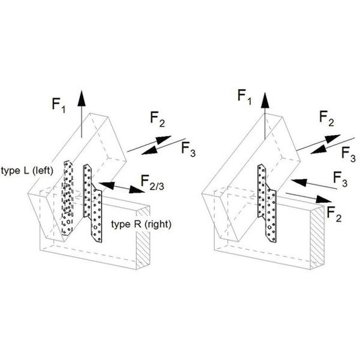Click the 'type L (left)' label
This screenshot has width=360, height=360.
(27, 171)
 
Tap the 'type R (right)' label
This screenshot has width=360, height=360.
(141, 224)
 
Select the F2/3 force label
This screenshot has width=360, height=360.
(153, 183)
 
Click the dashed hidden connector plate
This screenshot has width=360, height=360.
(67, 198)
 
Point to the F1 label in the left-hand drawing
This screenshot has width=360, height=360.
(58, 105)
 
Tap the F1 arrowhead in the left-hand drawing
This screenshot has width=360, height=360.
(81, 98)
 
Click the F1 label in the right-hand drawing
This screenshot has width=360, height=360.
(244, 98)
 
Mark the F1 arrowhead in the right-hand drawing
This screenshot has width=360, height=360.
(265, 100)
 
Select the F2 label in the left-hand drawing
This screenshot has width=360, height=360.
(157, 119)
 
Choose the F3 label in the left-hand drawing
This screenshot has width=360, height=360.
(188, 150)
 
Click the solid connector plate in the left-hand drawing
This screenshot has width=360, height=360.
(93, 203)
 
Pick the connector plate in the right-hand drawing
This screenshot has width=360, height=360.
(267, 203)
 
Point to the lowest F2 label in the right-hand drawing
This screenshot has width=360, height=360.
(334, 214)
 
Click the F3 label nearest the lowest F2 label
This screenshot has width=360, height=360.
(340, 179)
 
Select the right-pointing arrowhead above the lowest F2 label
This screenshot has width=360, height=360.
(324, 199)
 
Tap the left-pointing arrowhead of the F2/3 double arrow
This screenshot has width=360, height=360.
(106, 185)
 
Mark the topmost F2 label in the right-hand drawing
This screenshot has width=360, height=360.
(326, 119)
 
